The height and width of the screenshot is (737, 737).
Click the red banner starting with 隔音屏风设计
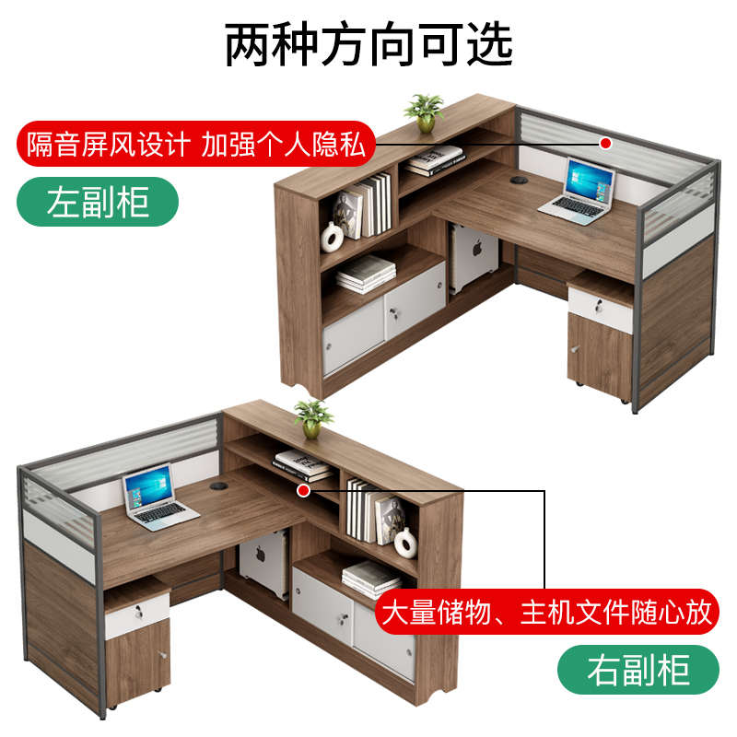click(196, 144)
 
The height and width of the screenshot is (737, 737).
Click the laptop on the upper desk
click(577, 191)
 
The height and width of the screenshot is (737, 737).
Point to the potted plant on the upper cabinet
click(424, 112)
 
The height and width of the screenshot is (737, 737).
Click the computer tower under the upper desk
click(474, 261)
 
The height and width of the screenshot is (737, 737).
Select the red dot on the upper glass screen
click(605, 143)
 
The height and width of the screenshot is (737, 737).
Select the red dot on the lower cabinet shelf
click(303, 491)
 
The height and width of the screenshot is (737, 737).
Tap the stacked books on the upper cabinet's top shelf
click(434, 161)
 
